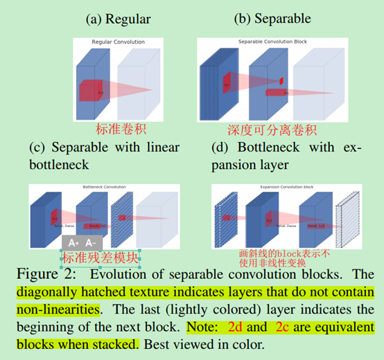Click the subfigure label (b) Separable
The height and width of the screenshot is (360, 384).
(273, 19)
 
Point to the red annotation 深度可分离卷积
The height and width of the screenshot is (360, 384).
(272, 129)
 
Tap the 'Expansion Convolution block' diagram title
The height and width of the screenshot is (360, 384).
(283, 188)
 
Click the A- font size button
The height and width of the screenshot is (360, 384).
(92, 243)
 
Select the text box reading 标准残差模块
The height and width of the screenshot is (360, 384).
(101, 258)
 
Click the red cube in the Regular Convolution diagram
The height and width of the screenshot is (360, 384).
(96, 90)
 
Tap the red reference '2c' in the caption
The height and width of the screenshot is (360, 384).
(286, 325)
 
